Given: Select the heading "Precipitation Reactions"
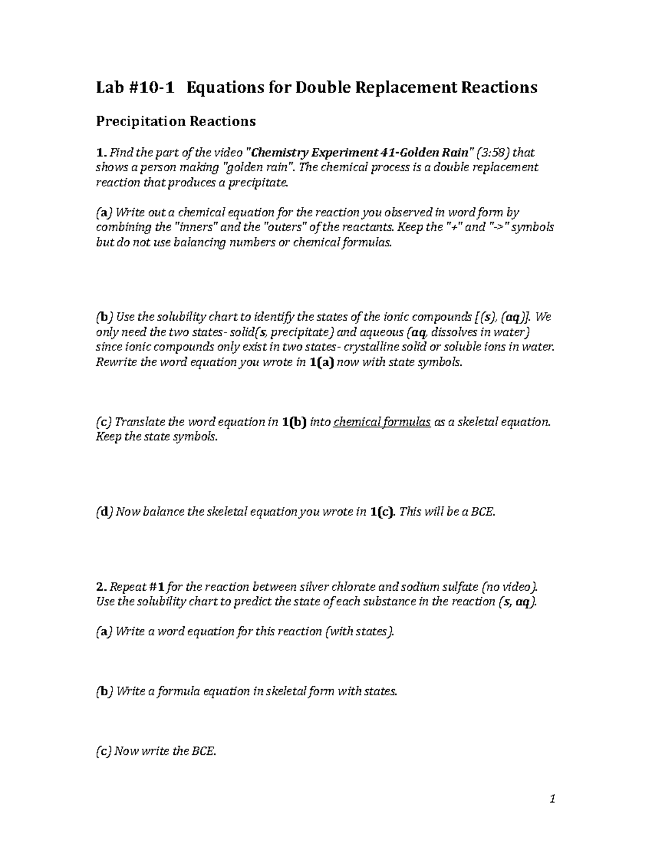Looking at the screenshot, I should click(175, 121).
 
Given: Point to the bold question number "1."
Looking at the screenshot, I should click(101, 153).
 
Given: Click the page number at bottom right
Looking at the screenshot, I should click(552, 799).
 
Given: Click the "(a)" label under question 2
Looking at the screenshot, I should click(104, 632).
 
